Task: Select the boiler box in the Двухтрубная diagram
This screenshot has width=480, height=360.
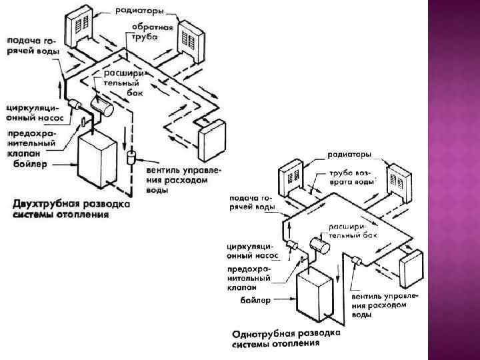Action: [97, 160]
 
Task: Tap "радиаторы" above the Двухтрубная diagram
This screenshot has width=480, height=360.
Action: [138, 11]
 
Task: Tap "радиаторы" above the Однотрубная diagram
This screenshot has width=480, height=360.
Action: [349, 155]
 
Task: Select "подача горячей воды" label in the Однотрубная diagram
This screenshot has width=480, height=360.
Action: [251, 202]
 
